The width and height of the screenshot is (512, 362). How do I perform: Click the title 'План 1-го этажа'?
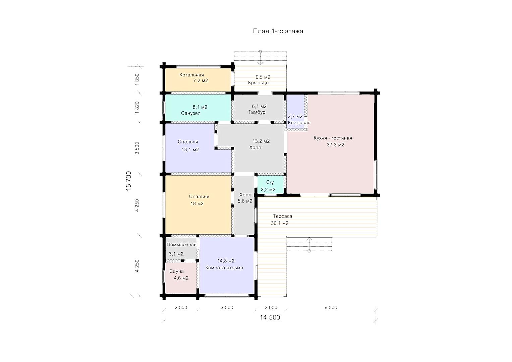click(278, 31)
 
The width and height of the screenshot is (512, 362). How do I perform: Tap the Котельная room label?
click(191, 75)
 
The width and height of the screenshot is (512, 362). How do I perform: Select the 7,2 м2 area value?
click(201, 80)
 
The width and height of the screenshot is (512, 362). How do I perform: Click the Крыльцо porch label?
click(258, 82)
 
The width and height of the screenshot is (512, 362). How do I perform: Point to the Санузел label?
click(191, 113)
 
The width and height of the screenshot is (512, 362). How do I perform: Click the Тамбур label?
click(257, 112)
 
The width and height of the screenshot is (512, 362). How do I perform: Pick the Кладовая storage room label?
click(299, 122)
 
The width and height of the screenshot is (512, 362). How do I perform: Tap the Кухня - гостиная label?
click(333, 138)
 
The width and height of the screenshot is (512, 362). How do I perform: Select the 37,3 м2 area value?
click(335, 145)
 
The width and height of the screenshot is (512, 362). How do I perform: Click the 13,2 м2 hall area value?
click(261, 141)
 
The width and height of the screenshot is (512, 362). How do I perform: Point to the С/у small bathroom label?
click(270, 182)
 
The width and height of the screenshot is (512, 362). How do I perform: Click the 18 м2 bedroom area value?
click(197, 203)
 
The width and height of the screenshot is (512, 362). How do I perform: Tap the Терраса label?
click(282, 216)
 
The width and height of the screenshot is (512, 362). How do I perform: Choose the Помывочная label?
click(181, 245)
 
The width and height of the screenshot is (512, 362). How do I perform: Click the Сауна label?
click(176, 271)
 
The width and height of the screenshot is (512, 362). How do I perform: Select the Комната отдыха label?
click(224, 267)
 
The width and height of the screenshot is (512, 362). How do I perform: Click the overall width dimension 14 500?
click(270, 317)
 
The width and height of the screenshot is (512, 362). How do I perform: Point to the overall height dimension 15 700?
click(129, 181)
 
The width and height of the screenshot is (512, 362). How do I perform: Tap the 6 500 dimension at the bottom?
click(331, 307)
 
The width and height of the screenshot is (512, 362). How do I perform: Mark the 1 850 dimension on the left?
click(137, 79)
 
